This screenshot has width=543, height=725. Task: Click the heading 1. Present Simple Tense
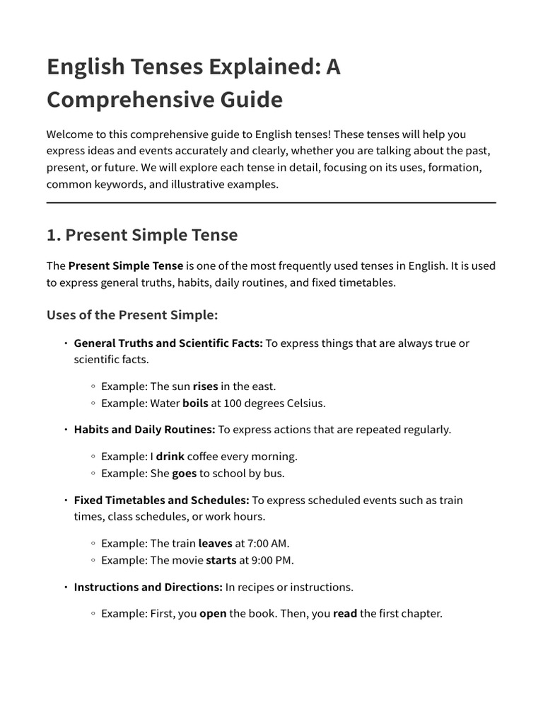[142, 234]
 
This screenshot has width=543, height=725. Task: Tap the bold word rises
[205, 386]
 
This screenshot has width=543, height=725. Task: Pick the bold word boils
[195, 404]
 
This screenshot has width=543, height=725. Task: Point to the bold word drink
[170, 456]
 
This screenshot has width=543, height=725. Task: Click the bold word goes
[184, 474]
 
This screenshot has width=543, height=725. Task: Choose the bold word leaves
[215, 543]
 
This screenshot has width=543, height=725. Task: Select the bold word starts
[221, 560]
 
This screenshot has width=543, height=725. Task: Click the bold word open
[213, 613]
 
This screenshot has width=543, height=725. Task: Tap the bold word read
[345, 613]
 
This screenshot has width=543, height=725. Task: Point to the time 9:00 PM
[271, 560]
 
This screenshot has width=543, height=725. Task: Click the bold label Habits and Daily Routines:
[144, 430]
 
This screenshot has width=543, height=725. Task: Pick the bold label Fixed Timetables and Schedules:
[161, 500]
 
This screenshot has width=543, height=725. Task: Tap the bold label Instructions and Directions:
[148, 587]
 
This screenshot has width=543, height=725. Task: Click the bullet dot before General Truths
[65, 343]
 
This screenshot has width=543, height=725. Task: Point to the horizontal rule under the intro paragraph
[271, 203]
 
